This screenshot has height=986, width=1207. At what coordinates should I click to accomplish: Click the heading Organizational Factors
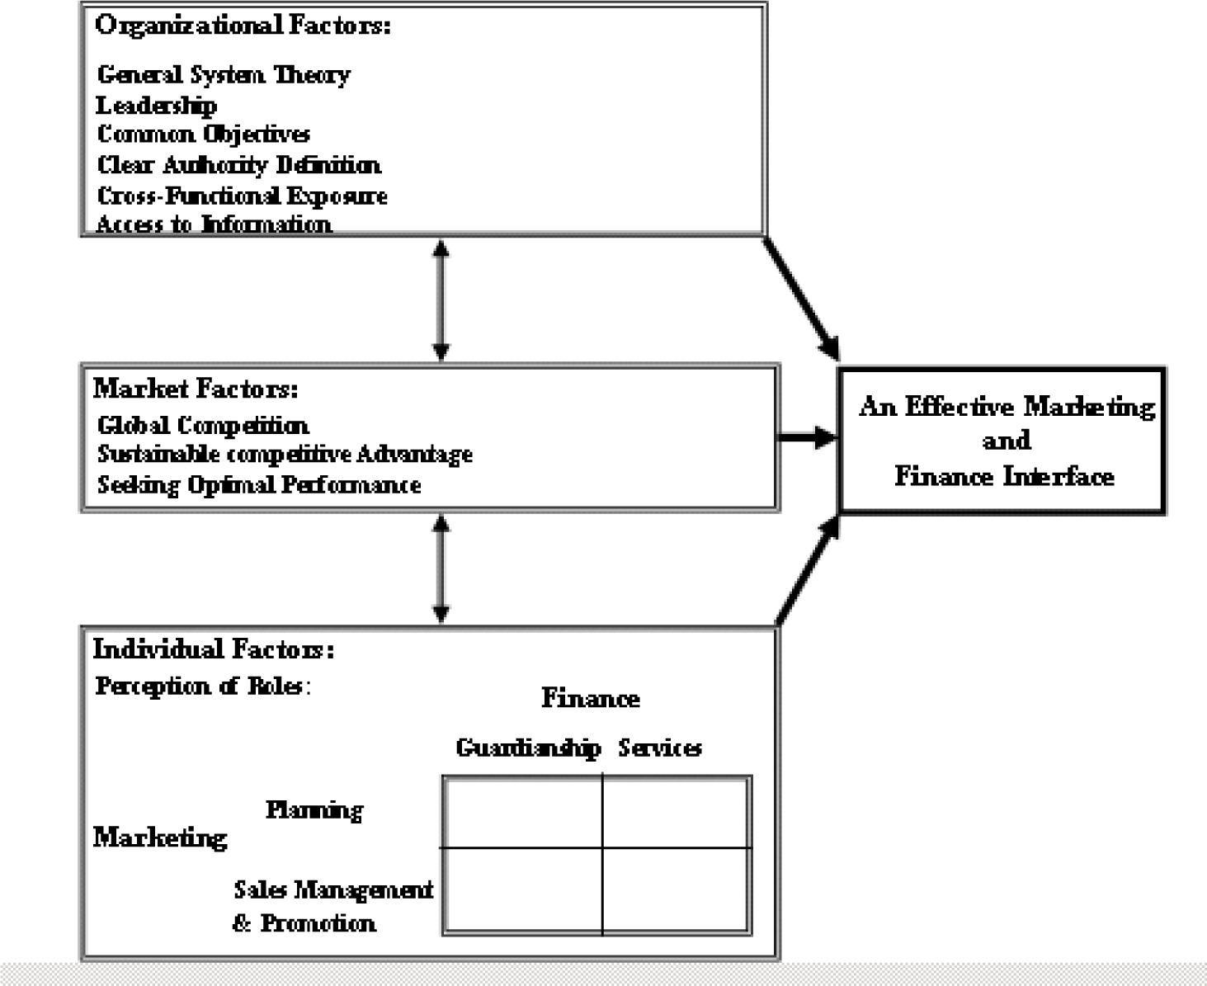pyautogui.click(x=243, y=26)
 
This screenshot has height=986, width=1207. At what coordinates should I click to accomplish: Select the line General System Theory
pyautogui.click(x=224, y=75)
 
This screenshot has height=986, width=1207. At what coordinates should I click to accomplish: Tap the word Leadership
pyautogui.click(x=156, y=106)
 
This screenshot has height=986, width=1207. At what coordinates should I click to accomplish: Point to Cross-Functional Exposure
pyautogui.click(x=243, y=196)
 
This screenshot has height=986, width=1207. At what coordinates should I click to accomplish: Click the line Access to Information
pyautogui.click(x=214, y=224)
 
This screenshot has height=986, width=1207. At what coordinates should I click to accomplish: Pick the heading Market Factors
pyautogui.click(x=196, y=389)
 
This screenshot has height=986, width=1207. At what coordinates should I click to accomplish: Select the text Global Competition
pyautogui.click(x=203, y=426)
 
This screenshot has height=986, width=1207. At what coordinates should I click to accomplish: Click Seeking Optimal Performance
pyautogui.click(x=259, y=484)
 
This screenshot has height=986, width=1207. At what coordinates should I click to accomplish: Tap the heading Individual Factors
pyautogui.click(x=213, y=649)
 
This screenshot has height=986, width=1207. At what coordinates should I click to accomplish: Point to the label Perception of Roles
pyautogui.click(x=201, y=686)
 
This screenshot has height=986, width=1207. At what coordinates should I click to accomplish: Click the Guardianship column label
pyautogui.click(x=528, y=748)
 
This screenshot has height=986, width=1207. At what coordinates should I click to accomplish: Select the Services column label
pyautogui.click(x=660, y=748)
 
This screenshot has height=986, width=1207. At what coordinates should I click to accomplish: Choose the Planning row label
pyautogui.click(x=314, y=810)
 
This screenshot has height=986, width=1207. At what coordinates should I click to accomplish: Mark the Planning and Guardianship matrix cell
pyautogui.click(x=523, y=812)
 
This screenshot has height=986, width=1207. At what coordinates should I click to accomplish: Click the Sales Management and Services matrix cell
pyautogui.click(x=677, y=890)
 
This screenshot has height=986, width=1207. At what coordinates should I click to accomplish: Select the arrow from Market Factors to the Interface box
pyautogui.click(x=807, y=437)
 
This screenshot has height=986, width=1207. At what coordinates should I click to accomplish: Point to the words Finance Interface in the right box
pyautogui.click(x=1004, y=477)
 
